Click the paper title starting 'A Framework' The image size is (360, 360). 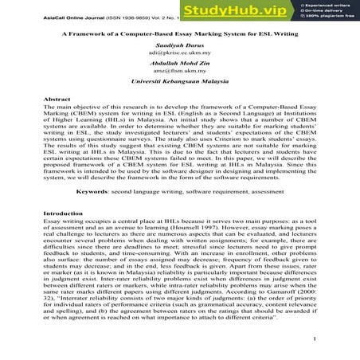pos(180,36)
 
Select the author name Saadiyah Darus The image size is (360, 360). pos(180,49)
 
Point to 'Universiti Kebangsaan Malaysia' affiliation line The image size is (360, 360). pos(180,93)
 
